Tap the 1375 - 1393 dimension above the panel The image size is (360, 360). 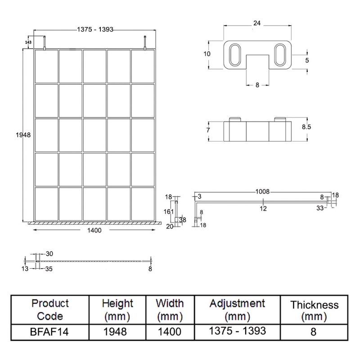pos(94,29)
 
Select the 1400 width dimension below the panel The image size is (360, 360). pos(94,230)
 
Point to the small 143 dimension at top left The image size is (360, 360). pos(29,42)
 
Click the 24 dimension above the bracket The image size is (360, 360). pos(257,22)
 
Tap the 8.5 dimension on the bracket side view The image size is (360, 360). pos(306,127)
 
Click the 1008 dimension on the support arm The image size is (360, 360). pos(263,192)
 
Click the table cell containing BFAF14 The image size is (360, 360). pos(50,332)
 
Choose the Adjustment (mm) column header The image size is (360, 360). pos(237,310)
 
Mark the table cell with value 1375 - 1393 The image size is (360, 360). pos(237,332)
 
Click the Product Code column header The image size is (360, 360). pos(50,310)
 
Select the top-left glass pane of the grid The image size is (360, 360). pos(46,66)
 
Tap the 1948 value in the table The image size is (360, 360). pos(117,332)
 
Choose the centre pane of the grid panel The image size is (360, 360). pos(94,135)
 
